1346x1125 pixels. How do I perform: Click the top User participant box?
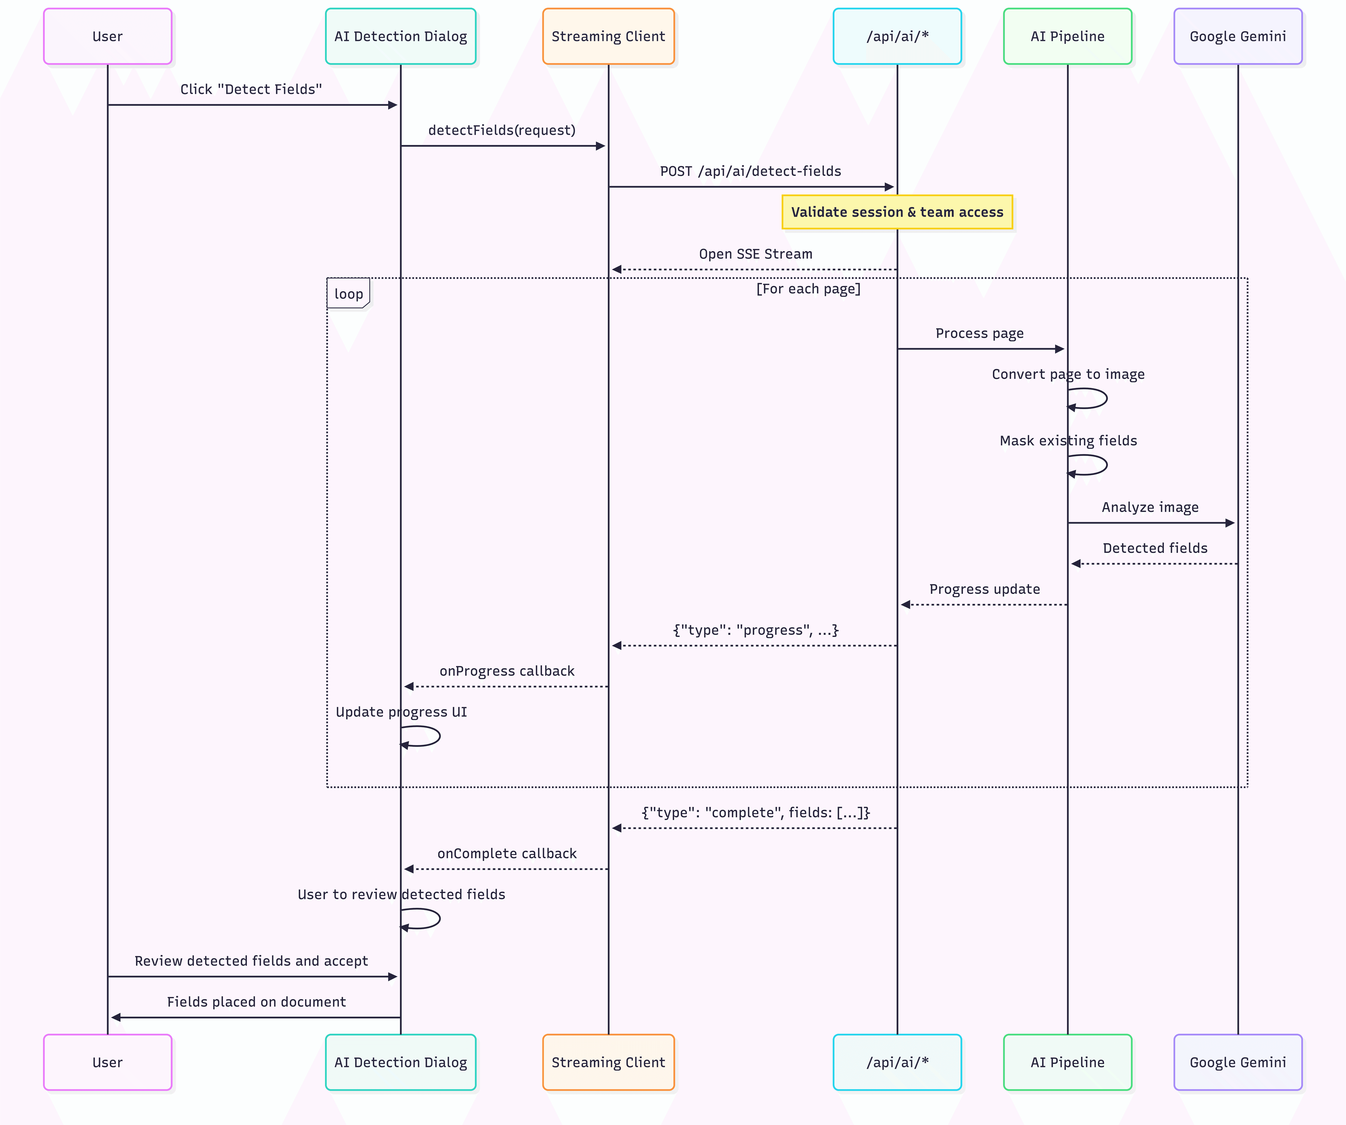108,37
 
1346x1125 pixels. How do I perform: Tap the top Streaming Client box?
608,37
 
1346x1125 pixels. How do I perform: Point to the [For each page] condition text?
808,289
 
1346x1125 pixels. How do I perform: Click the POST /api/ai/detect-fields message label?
751,171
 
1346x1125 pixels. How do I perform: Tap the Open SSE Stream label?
756,254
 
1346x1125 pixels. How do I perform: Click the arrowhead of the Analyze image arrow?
1229,523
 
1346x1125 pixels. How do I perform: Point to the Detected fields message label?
1155,548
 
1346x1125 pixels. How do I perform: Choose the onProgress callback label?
507,671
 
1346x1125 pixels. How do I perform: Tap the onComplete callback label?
507,853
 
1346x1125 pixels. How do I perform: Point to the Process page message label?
979,333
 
